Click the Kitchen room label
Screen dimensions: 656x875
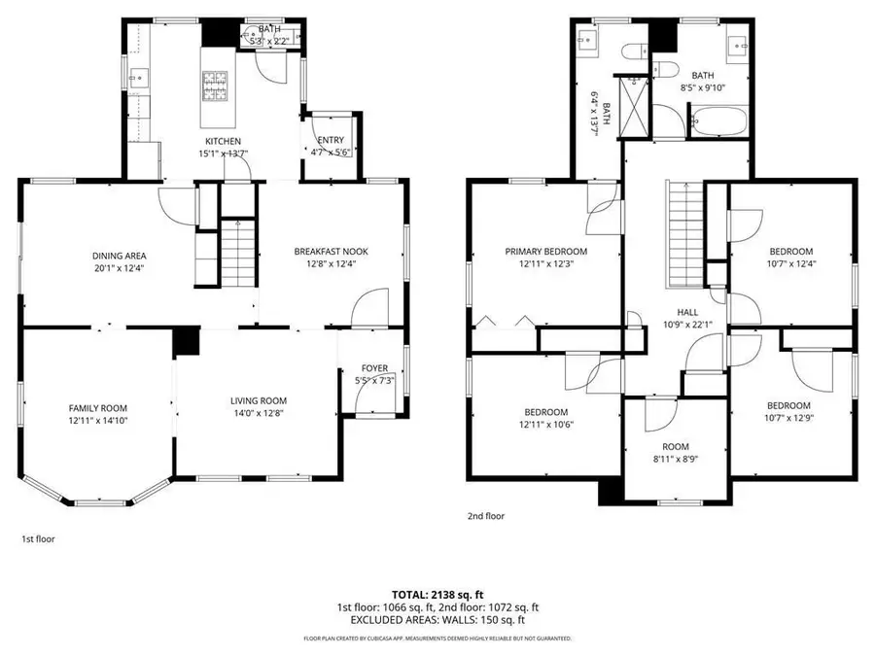pyautogui.click(x=223, y=141)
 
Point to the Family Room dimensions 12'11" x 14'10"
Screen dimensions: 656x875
pyautogui.click(x=97, y=421)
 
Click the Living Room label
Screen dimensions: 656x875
pyautogui.click(x=258, y=400)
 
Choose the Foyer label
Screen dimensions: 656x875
pyautogui.click(x=374, y=368)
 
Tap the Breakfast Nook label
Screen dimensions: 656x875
pyautogui.click(x=331, y=252)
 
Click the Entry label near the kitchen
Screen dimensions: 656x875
pyautogui.click(x=322, y=141)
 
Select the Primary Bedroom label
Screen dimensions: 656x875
pyautogui.click(x=545, y=252)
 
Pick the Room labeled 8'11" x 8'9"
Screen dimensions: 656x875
pyautogui.click(x=675, y=450)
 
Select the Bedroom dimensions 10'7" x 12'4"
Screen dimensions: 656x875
pyautogui.click(x=789, y=263)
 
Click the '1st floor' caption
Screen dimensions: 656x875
pyautogui.click(x=38, y=537)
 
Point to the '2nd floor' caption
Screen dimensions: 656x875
pyautogui.click(x=486, y=516)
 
